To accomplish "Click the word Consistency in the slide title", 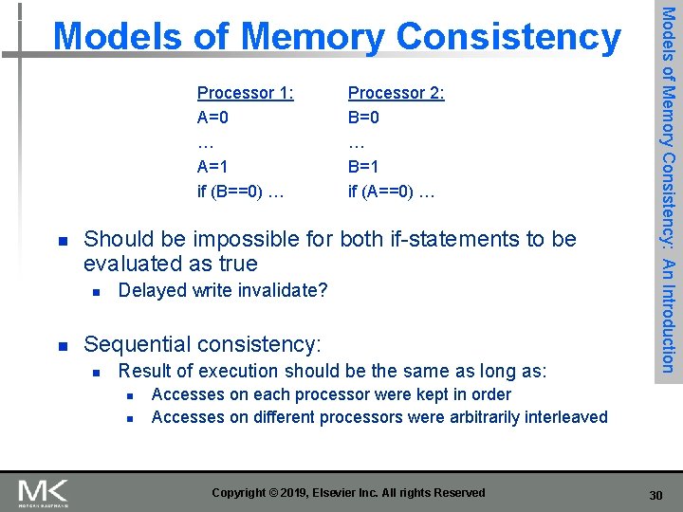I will click(509, 37).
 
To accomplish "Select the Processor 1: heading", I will click(245, 93).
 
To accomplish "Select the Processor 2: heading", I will click(396, 93).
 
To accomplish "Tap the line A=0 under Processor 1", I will click(212, 118).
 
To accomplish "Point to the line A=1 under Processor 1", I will click(212, 167).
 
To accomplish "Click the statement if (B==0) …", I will click(240, 192).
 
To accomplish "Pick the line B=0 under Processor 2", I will click(363, 118).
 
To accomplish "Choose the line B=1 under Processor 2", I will click(363, 167).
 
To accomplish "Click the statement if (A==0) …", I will click(391, 192).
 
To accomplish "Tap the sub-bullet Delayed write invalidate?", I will click(222, 290).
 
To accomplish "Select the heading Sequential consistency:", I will click(202, 343).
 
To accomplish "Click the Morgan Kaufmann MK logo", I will click(42, 492).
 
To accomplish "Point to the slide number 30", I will click(655, 494).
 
